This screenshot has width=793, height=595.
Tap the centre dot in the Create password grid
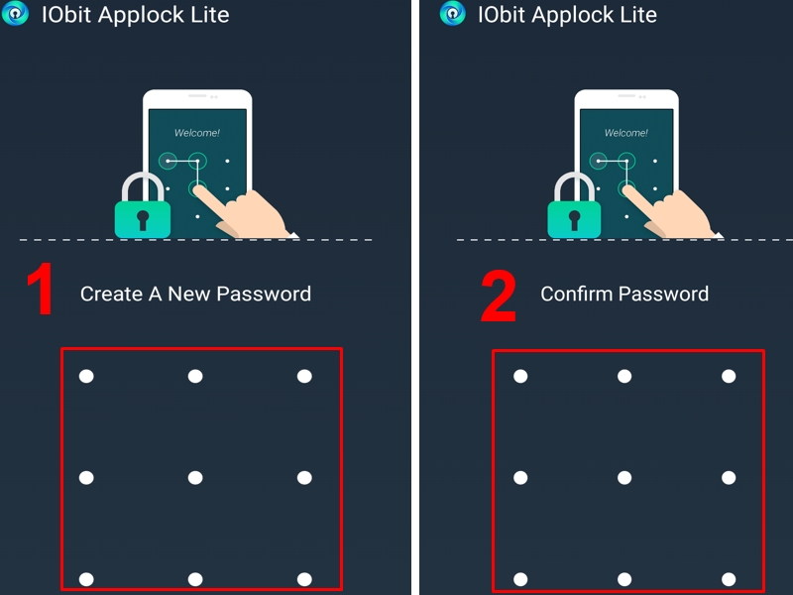pyautogui.click(x=195, y=478)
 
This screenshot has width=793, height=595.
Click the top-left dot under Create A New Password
pyautogui.click(x=86, y=376)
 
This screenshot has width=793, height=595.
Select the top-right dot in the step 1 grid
pyautogui.click(x=304, y=376)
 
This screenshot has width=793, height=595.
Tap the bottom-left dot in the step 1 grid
pyautogui.click(x=86, y=579)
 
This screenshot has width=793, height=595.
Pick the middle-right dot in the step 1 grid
pyautogui.click(x=304, y=478)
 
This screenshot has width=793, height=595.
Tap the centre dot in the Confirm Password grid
pyautogui.click(x=624, y=478)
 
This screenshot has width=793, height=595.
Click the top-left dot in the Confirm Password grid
pyautogui.click(x=520, y=376)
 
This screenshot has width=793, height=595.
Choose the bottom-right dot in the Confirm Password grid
pyautogui.click(x=729, y=579)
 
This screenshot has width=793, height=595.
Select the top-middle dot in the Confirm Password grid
pyautogui.click(x=624, y=376)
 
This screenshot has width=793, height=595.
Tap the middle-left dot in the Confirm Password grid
pyautogui.click(x=520, y=478)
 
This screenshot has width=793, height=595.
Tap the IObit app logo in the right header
pyautogui.click(x=452, y=14)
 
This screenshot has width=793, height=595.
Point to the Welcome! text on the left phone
pyautogui.click(x=197, y=132)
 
